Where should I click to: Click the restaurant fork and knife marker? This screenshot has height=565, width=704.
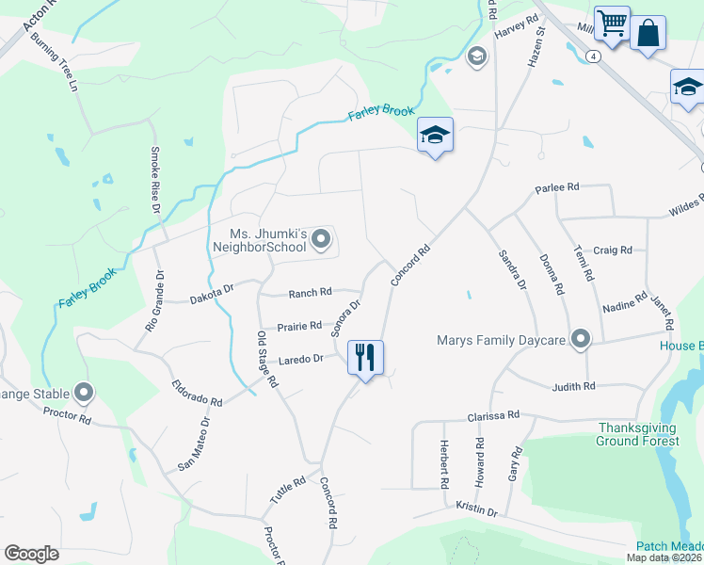coord(365,358)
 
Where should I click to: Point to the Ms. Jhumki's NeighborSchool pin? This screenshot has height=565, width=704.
coord(322,239)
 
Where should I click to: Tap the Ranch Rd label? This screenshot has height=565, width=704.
coord(311,293)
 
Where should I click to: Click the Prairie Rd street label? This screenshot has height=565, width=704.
coord(299,327)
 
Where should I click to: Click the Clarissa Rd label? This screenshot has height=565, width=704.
coord(494,415)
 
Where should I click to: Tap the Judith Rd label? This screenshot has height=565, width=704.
coord(574,386)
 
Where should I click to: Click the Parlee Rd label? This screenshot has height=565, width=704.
coord(555,188)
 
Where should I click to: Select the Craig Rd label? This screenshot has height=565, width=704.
coord(613,250)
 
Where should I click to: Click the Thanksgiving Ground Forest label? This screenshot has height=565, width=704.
coord(638,434)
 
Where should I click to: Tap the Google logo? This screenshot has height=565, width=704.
coord(31,554)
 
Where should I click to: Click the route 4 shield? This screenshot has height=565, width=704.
coord(592,56)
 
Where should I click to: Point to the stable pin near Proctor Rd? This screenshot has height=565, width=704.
coord(85,391)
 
